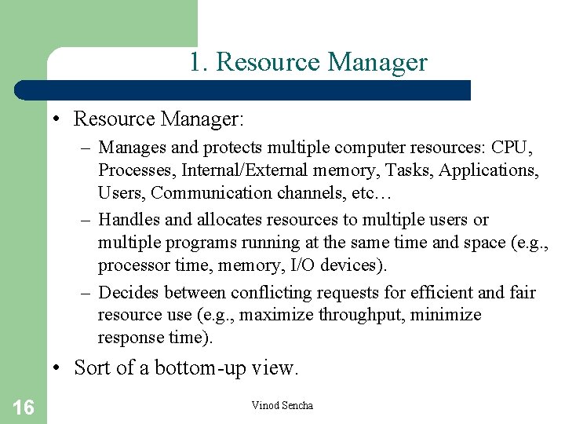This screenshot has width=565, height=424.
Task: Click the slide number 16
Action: click(24, 407)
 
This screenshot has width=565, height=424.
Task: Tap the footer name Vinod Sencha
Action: click(282, 405)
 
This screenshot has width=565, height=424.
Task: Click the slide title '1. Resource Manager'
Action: click(308, 62)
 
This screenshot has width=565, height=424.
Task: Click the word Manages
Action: click(130, 148)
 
